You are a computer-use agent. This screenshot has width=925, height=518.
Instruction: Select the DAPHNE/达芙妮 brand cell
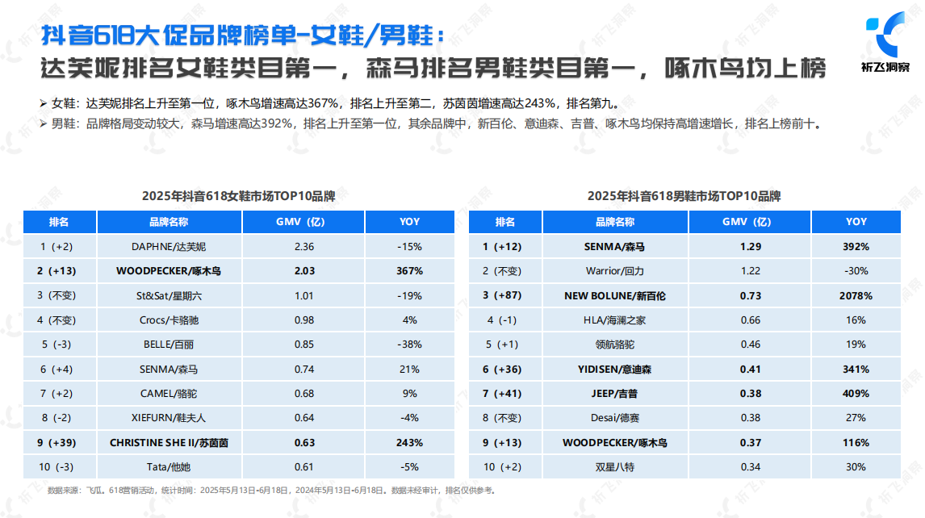[169, 246]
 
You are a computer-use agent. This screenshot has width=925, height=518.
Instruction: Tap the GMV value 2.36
[303, 246]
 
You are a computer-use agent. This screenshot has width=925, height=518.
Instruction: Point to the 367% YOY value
[409, 271]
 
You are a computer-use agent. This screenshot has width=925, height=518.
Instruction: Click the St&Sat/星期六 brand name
[169, 295]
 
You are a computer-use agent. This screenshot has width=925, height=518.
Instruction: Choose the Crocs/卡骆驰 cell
[169, 320]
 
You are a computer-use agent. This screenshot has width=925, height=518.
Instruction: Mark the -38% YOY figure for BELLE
[409, 345]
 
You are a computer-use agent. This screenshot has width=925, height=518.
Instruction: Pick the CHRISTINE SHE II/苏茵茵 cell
[169, 442]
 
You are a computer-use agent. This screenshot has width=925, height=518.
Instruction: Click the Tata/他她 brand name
[169, 466]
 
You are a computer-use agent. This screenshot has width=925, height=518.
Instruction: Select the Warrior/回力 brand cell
[614, 271]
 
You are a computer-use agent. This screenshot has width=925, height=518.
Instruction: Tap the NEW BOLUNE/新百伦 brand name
[614, 295]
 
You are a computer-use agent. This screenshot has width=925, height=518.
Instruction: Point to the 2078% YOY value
[856, 295]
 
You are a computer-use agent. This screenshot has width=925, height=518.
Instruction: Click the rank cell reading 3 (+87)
[504, 295]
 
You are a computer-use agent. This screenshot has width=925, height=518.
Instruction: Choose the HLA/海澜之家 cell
[614, 320]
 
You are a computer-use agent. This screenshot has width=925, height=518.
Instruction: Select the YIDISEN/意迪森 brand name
[614, 369]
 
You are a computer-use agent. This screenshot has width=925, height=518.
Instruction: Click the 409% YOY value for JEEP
[856, 393]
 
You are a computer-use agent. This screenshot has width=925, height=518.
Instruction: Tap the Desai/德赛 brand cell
[614, 418]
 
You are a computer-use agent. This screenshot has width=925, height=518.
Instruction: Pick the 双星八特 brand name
[614, 466]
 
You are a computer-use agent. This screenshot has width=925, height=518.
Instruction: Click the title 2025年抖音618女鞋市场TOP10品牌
[238, 196]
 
